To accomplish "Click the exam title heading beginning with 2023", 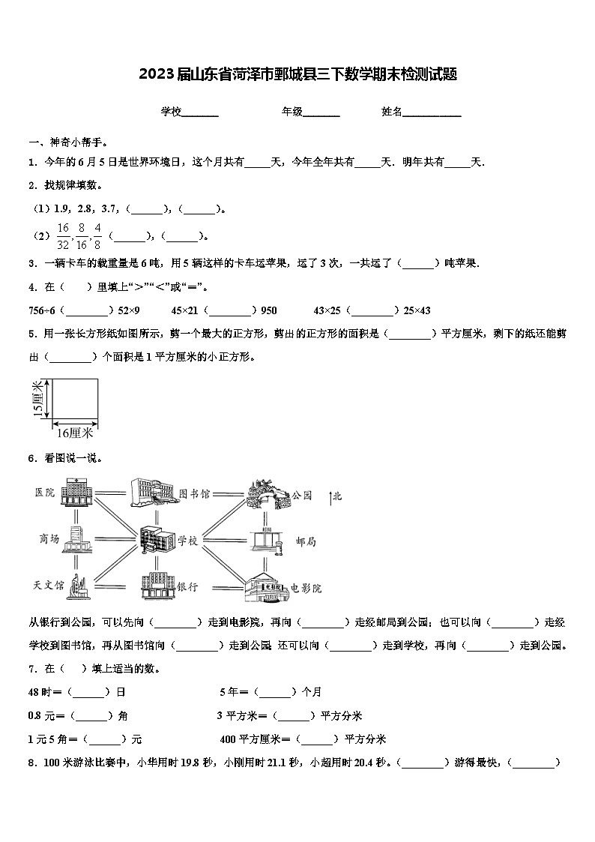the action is tap(297, 74).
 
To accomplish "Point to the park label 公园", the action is tap(301, 495).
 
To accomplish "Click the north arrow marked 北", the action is tap(332, 495).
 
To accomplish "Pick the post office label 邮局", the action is tap(306, 541).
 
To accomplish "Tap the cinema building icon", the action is tap(267, 586).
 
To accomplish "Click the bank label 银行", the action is tap(187, 587).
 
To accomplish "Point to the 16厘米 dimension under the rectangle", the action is tap(74, 433).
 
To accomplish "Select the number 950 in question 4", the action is tap(268, 310).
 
